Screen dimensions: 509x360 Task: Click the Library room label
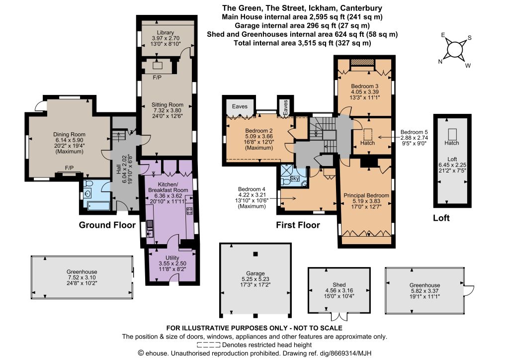(165, 32)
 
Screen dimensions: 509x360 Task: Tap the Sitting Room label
(167, 104)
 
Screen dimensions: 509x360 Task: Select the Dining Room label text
(69, 134)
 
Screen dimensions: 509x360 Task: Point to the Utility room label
(172, 258)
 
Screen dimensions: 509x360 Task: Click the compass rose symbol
(454, 50)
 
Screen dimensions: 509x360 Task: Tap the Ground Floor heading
(107, 225)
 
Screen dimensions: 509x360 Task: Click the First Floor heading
(298, 225)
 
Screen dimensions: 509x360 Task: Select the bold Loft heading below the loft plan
(441, 218)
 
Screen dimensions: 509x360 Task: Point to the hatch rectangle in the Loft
(452, 134)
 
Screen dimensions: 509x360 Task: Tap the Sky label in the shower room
(294, 178)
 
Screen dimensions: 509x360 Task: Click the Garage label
(255, 273)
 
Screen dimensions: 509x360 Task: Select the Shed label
(339, 285)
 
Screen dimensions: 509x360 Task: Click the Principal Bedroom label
(366, 195)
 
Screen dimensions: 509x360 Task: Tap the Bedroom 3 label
(364, 86)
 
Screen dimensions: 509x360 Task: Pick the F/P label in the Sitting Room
(157, 78)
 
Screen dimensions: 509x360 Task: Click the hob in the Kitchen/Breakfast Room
(189, 211)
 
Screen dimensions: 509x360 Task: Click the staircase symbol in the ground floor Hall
(118, 136)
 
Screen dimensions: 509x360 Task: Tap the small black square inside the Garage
(256, 254)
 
